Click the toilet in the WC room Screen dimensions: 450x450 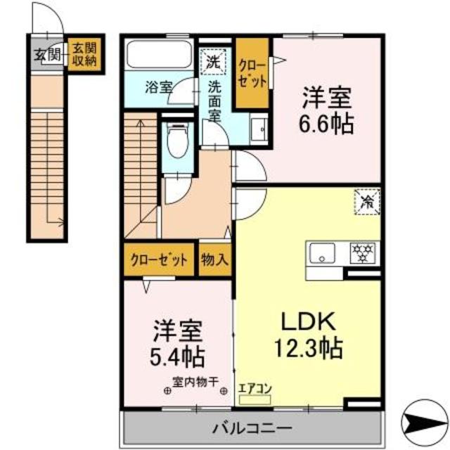(177, 141)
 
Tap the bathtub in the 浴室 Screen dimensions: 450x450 (160, 55)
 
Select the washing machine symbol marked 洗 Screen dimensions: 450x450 (213, 62)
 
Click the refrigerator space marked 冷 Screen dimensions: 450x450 (367, 202)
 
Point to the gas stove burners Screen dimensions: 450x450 (363, 253)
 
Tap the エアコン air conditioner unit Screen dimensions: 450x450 (255, 399)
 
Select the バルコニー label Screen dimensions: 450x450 (252, 429)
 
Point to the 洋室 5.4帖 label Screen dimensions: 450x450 (177, 344)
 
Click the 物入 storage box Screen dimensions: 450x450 (215, 259)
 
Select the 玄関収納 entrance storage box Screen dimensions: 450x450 (84, 54)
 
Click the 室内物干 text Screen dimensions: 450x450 (195, 382)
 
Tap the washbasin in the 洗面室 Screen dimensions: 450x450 (259, 129)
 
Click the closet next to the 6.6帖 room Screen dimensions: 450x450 (252, 73)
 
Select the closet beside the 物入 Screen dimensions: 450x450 (159, 259)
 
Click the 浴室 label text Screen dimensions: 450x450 (158, 87)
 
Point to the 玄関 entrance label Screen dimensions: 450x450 (47, 54)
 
